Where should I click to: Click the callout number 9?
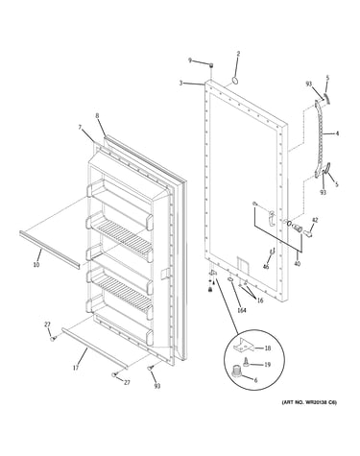coord(190,60)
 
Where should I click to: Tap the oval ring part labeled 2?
coord(235,80)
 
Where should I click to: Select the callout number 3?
coord(180,83)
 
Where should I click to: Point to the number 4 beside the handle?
coord(337,133)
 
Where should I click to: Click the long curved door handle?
coord(319,137)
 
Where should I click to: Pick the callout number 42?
coord(315,220)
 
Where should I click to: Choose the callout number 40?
coord(298,264)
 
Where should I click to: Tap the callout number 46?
coord(266,267)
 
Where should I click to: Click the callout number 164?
coord(242,310)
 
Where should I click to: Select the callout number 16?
coord(260,300)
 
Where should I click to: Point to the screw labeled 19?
coord(247,363)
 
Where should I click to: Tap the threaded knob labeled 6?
coord(236,371)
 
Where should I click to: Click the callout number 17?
coord(76,368)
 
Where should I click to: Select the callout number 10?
coord(36,265)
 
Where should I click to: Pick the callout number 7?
coord(80,128)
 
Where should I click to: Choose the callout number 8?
coord(98,116)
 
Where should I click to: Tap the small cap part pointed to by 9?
coord(211,65)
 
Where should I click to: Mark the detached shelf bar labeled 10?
coord(50,250)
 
